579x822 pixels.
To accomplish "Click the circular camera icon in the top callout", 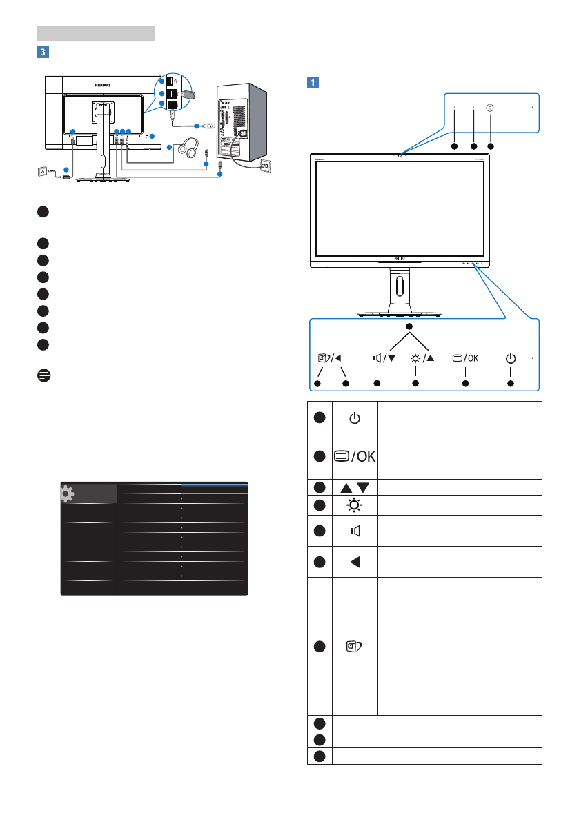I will point(490,108).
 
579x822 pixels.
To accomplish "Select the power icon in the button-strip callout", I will point(510,358).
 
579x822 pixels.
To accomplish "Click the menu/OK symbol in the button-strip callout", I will point(464,358).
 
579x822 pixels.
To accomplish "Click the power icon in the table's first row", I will point(355,418).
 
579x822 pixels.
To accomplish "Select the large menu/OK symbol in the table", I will point(355,456).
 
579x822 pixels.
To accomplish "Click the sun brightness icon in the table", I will point(355,505).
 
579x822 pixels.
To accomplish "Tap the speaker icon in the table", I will point(355,531).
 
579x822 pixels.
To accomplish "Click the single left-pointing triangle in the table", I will point(355,561).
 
